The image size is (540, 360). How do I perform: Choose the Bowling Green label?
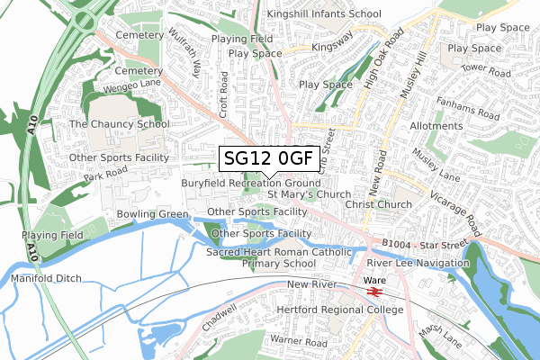coord(152,213)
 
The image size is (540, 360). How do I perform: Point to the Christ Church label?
coord(378,204)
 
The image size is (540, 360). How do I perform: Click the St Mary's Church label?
coord(309,193)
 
